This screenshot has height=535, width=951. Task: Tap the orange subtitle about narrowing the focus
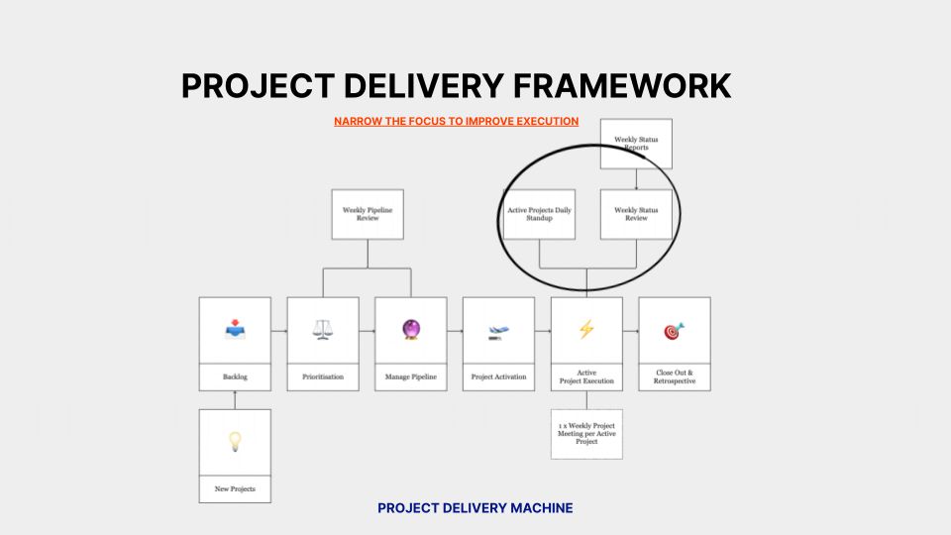[456, 121]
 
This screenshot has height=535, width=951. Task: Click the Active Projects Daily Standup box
[539, 214]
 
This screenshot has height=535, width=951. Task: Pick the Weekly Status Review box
[636, 214]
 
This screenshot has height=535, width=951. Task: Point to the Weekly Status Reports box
[636, 144]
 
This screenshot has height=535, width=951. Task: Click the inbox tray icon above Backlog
[235, 330]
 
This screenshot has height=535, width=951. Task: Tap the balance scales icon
[323, 330]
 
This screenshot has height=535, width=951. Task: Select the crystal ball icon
[411, 330]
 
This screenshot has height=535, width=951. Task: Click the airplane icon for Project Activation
[498, 331]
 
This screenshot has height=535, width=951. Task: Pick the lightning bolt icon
[586, 330]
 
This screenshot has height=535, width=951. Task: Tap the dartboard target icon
[674, 330]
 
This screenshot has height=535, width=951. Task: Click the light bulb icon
[235, 442]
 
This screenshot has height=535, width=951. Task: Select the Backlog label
[235, 377]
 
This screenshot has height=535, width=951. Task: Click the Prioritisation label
[323, 377]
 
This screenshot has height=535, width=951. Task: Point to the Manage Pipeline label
[411, 377]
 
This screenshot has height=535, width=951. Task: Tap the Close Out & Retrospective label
[674, 377]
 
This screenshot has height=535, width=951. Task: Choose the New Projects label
[235, 489]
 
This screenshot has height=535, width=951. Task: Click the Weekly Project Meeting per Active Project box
[586, 433]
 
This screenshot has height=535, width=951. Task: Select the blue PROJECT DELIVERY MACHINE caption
[475, 508]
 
